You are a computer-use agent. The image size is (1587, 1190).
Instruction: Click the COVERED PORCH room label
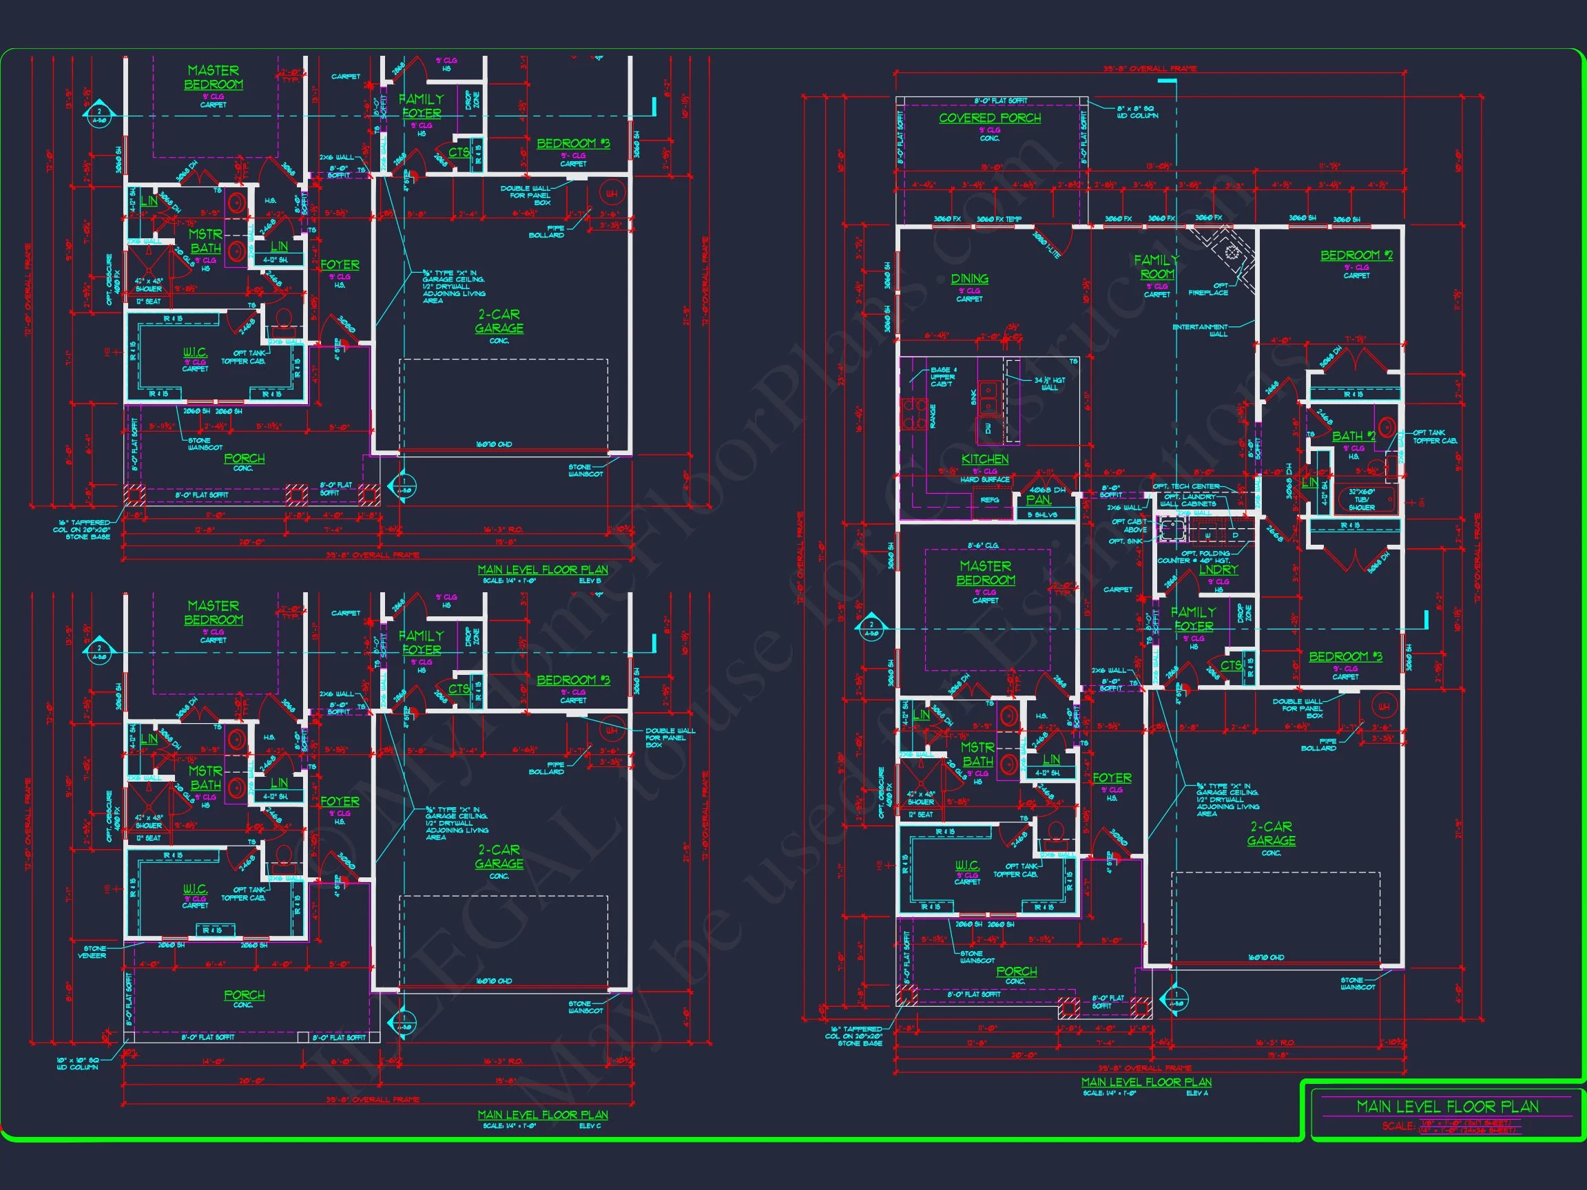[x=989, y=118]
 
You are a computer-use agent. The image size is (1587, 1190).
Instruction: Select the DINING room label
[x=969, y=279]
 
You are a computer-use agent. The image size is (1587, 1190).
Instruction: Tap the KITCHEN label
[x=984, y=459]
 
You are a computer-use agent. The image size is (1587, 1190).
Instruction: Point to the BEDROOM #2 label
[x=1356, y=255]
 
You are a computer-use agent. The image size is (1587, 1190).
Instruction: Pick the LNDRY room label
[x=1218, y=570]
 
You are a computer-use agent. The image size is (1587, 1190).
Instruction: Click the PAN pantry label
[x=1038, y=500]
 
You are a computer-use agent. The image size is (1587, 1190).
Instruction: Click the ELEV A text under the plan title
[x=1196, y=1093]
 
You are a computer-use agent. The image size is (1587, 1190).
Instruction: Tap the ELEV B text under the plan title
[x=590, y=581]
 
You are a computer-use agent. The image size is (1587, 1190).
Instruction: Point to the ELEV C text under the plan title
[x=590, y=1126]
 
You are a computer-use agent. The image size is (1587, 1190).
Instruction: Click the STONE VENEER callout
[x=94, y=952]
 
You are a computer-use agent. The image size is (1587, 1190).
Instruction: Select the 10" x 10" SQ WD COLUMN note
[x=77, y=1064]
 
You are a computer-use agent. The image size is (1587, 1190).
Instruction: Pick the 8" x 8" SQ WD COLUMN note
[x=1137, y=112]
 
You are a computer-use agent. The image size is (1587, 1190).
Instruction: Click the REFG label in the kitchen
[x=989, y=500]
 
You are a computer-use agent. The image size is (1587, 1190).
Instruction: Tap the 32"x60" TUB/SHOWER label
[x=1361, y=500]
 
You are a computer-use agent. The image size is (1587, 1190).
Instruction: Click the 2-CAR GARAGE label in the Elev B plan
[x=499, y=322]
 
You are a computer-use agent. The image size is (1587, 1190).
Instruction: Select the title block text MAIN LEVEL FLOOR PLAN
[x=1447, y=1107]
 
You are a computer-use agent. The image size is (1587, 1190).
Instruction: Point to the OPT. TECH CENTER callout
[x=1186, y=487]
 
